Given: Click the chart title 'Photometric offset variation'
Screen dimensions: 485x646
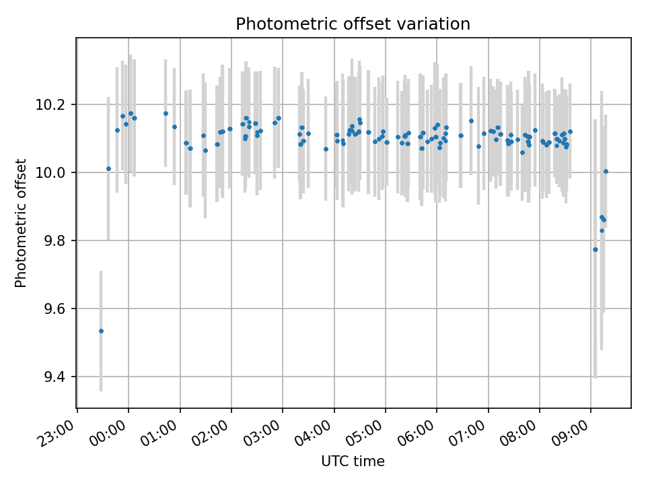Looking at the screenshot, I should point(353,24).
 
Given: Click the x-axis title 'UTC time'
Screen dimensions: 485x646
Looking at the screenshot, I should point(353,461).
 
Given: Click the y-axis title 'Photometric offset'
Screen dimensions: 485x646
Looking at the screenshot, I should point(21,223).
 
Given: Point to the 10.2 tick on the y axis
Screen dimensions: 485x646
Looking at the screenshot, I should point(55,105).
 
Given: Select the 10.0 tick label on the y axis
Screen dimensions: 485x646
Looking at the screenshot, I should point(55,173).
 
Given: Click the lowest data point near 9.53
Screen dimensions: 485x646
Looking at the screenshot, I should point(101,331).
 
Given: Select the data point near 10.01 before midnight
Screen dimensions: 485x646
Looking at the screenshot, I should point(108,168).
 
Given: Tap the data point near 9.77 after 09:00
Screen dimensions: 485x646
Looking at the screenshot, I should point(595,249).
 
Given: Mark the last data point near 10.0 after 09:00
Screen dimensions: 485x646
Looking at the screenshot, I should point(606,171).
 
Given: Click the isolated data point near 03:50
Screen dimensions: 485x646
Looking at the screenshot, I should point(326,149).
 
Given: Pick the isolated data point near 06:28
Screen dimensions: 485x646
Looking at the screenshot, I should point(461,135).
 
